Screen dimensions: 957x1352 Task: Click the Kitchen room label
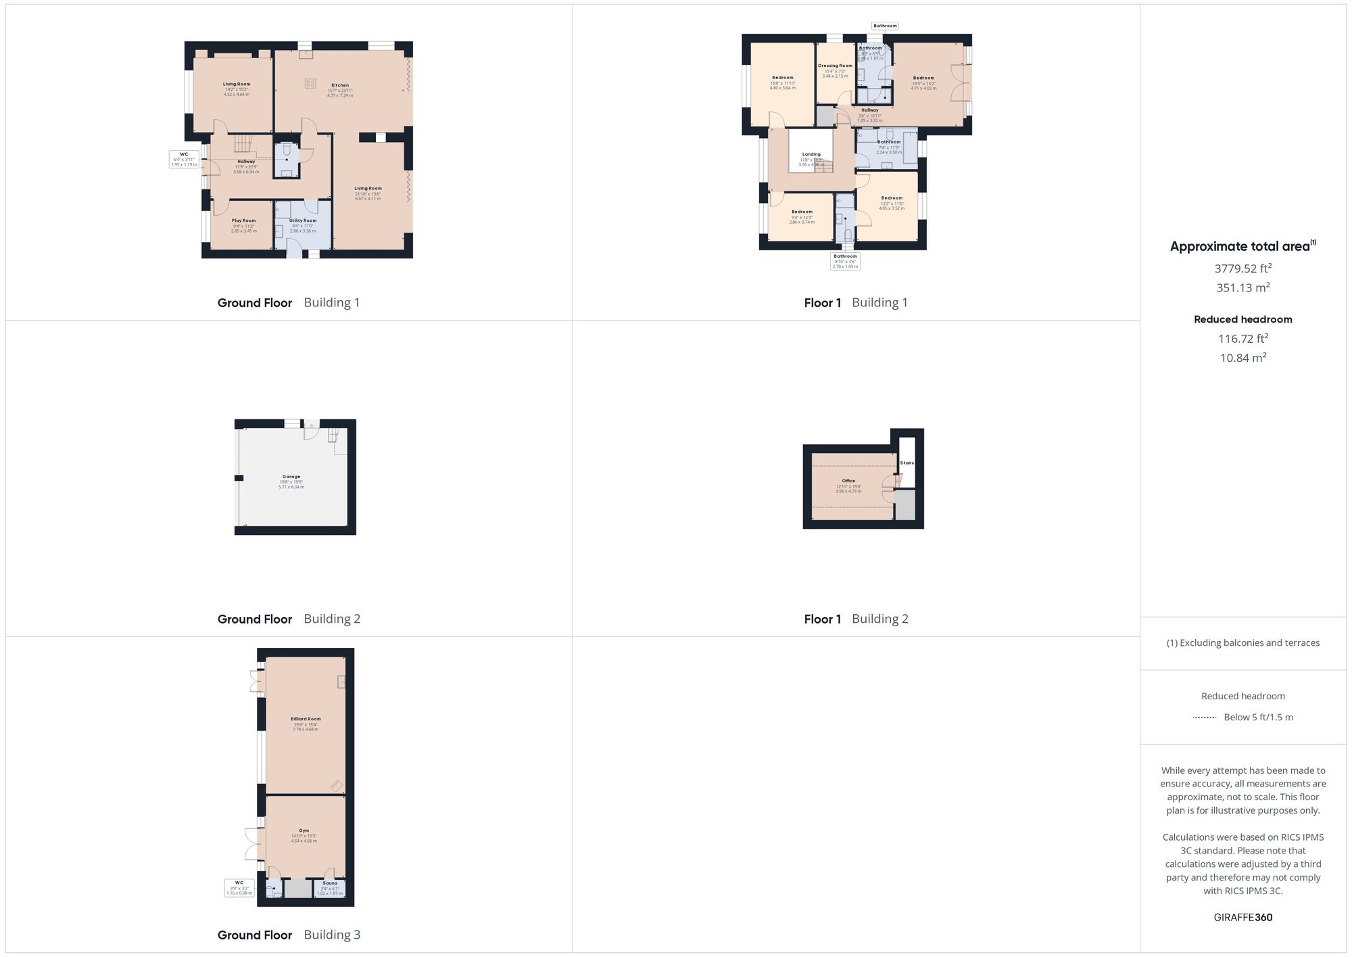[340, 85]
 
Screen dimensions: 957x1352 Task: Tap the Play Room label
[243, 220]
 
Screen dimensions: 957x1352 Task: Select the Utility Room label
[303, 220]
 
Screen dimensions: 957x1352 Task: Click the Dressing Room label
[835, 66]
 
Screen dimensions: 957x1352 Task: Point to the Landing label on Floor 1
[811, 154]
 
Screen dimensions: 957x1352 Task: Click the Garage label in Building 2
[291, 477]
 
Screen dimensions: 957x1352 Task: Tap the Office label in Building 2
[848, 481]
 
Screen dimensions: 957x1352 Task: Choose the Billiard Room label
[306, 719]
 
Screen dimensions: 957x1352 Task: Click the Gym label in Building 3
[304, 831]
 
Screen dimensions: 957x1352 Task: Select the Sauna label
[330, 883]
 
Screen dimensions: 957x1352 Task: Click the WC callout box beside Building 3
[239, 887]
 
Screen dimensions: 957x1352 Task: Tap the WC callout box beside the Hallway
[184, 159]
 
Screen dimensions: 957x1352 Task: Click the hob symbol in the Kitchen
[310, 83]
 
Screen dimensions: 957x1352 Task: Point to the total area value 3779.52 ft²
[1242, 269]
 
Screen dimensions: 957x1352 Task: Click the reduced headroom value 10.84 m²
[1242, 358]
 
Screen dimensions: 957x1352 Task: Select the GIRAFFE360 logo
[1242, 917]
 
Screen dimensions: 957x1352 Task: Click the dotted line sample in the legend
[1205, 717]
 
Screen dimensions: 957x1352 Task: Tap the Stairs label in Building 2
[907, 463]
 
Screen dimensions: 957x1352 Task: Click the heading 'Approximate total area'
[1240, 246]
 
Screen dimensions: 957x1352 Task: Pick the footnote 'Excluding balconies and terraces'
[1242, 643]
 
